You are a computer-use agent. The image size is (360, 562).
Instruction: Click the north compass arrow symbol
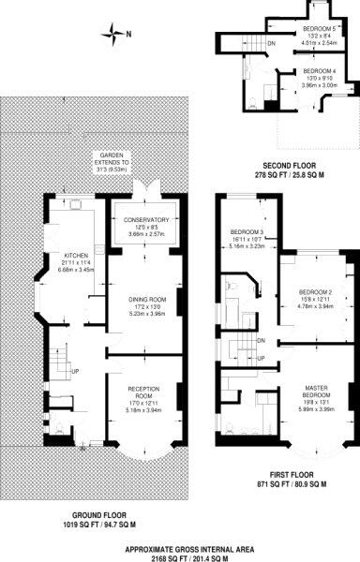tap(115, 37)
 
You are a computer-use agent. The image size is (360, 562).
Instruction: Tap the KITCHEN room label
tap(74, 255)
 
